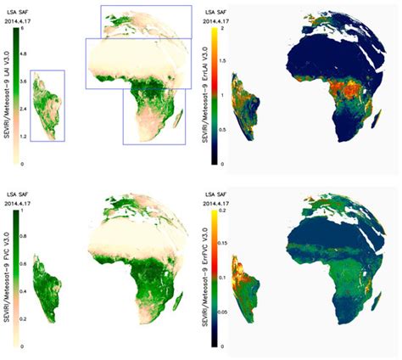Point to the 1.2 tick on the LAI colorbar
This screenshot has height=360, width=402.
tap(24, 136)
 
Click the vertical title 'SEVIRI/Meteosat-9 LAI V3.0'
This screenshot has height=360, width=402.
tap(8, 93)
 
